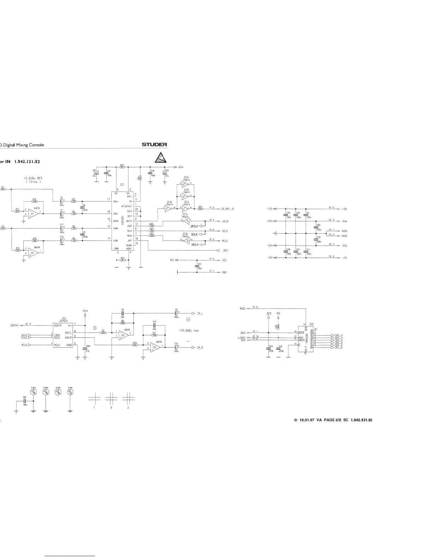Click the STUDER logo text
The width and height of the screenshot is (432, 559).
tap(154, 145)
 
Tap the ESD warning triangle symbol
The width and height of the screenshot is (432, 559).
tap(160, 157)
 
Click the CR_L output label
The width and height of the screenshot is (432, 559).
tap(200, 313)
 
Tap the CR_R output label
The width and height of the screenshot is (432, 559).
tap(200, 348)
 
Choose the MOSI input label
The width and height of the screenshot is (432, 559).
tap(242, 308)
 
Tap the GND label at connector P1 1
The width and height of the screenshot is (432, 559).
tap(224, 272)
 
